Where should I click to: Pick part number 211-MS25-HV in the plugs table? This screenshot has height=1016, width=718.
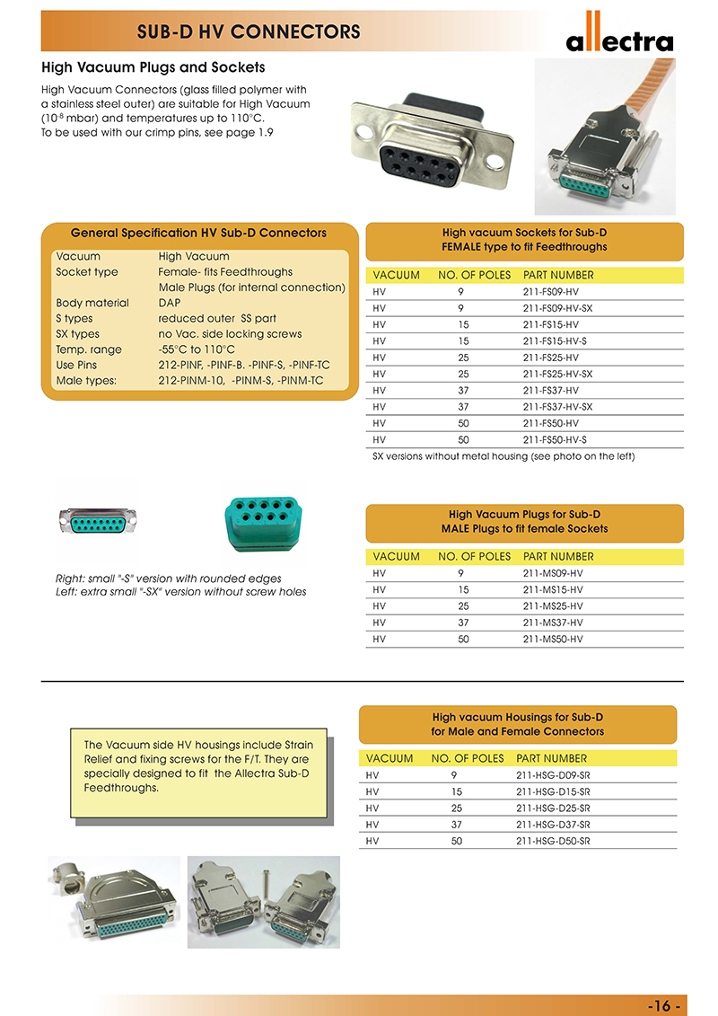point(553,606)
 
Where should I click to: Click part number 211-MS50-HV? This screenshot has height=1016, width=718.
point(553,639)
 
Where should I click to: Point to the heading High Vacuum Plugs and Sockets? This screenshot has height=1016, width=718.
point(153,67)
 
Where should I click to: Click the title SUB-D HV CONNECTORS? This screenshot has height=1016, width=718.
point(249,33)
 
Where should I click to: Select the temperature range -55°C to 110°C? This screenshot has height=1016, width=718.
point(197,349)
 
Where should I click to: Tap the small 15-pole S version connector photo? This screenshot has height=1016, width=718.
point(98,521)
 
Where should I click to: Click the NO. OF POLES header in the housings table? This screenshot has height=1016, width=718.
point(468,758)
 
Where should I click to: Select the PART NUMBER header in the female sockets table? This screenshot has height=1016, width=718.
point(558,275)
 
